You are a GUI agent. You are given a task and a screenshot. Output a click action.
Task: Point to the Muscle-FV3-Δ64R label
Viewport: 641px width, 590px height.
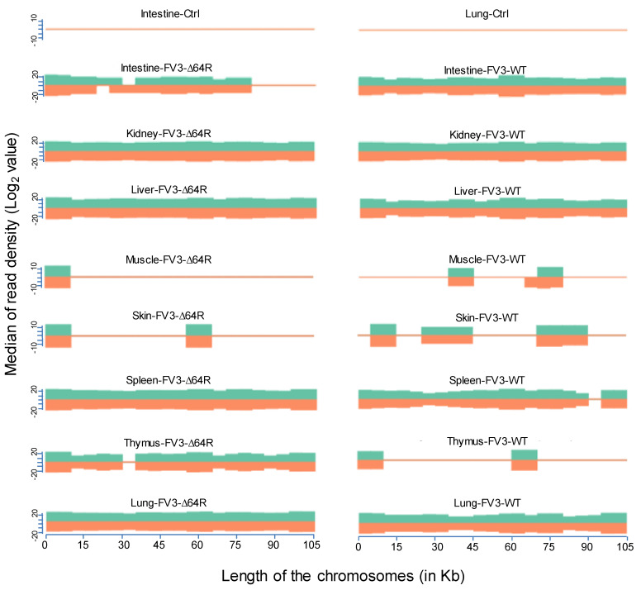pos(169,259)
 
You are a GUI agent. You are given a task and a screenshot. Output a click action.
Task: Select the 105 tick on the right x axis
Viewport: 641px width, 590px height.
pos(625,545)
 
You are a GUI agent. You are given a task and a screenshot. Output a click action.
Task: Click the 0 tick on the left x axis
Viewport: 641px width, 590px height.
pos(45,545)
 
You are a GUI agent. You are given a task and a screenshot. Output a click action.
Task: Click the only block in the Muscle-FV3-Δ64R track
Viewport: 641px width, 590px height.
pos(58,277)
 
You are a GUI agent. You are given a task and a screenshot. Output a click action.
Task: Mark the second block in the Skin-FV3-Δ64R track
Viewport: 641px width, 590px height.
pos(199,335)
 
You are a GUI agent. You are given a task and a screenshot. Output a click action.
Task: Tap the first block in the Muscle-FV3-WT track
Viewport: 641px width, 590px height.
pos(461,277)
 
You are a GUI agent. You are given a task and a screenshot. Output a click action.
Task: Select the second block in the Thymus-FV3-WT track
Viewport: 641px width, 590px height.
pos(525,459)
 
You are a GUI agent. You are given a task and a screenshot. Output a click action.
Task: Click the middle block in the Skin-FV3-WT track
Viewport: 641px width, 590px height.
pos(447,335)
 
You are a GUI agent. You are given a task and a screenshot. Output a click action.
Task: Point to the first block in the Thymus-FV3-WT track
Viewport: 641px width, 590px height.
pos(370,459)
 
